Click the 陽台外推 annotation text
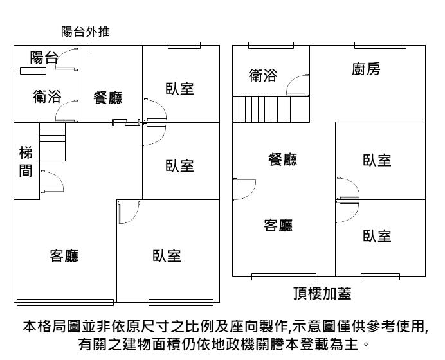coord(85,31)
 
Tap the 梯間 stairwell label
coord(26,162)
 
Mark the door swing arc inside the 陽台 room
coord(66,60)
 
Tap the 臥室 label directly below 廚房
coord(377,160)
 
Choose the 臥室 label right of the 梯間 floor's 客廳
coord(167,256)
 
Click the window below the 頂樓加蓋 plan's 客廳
coord(275,276)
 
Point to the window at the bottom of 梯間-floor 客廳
coord(65,302)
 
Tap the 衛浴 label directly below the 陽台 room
coord(47,97)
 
